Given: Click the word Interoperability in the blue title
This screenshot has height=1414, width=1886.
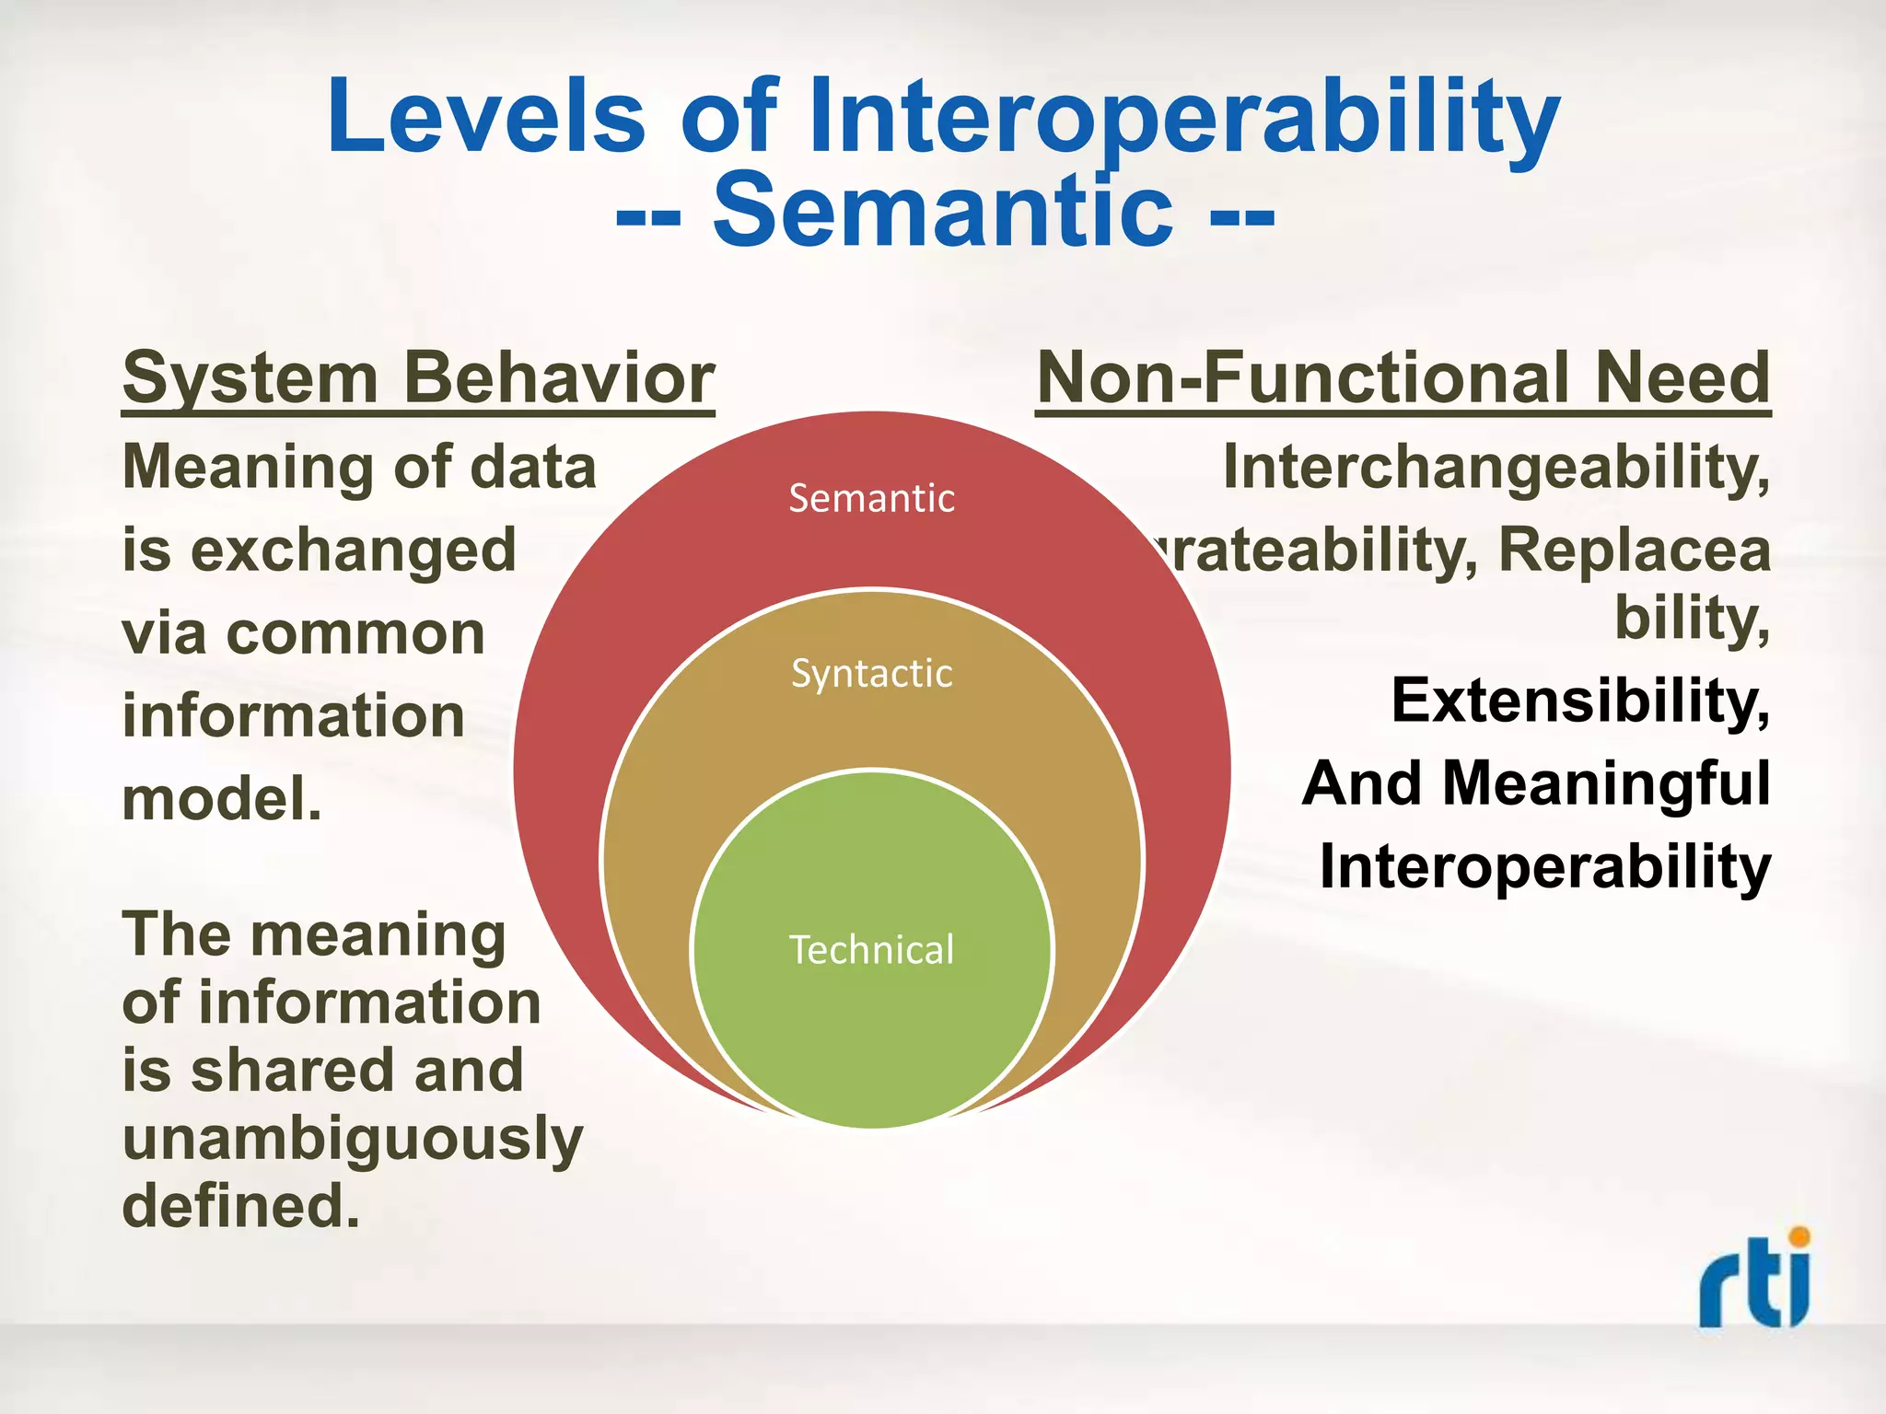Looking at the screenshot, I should coord(1184,117).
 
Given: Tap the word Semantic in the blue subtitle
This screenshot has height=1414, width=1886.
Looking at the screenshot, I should coord(943,212).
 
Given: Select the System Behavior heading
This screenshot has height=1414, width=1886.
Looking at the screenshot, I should coord(418,378).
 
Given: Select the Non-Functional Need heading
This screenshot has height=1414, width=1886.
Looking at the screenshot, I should coord(1403,378).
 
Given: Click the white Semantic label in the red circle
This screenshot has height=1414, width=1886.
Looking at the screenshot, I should coord(871,499).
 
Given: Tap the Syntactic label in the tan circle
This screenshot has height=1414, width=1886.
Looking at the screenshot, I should coord(871,674).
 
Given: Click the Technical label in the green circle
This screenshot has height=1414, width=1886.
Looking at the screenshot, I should coord(871,950).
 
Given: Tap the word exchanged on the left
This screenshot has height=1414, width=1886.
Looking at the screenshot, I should coord(354,551).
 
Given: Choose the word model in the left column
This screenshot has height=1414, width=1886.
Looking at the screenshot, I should coord(221,799).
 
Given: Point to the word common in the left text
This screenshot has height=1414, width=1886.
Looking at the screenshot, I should coord(355,634).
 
